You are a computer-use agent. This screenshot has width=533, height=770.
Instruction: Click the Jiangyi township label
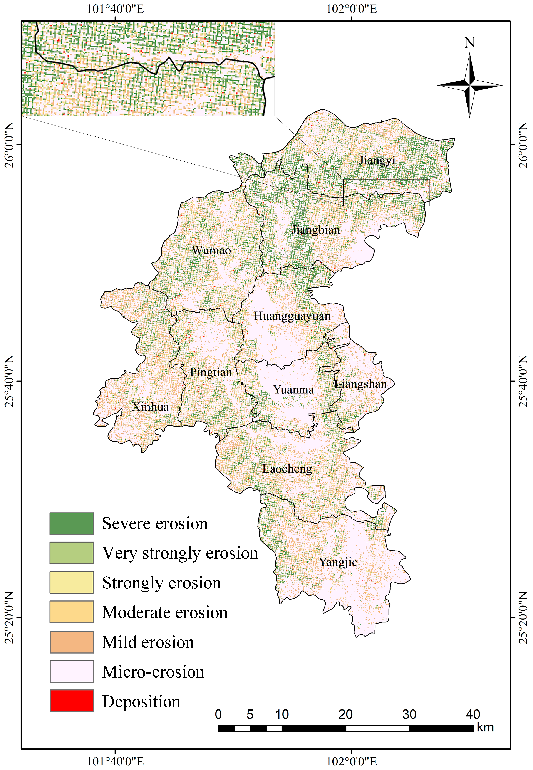[377, 161]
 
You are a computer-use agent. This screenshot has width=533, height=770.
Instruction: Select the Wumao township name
[211, 250]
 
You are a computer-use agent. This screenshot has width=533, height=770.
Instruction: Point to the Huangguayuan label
[292, 316]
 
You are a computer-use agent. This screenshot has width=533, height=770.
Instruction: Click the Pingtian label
[211, 372]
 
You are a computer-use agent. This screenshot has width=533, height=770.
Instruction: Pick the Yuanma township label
[293, 390]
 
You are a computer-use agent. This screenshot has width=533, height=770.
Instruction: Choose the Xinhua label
[150, 407]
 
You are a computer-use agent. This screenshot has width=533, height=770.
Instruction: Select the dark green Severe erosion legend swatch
[72, 524]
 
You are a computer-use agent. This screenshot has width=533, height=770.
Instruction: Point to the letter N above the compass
[469, 43]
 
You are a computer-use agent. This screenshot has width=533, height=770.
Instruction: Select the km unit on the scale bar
[485, 728]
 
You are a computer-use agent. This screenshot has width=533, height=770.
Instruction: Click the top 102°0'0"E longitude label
[351, 9]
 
